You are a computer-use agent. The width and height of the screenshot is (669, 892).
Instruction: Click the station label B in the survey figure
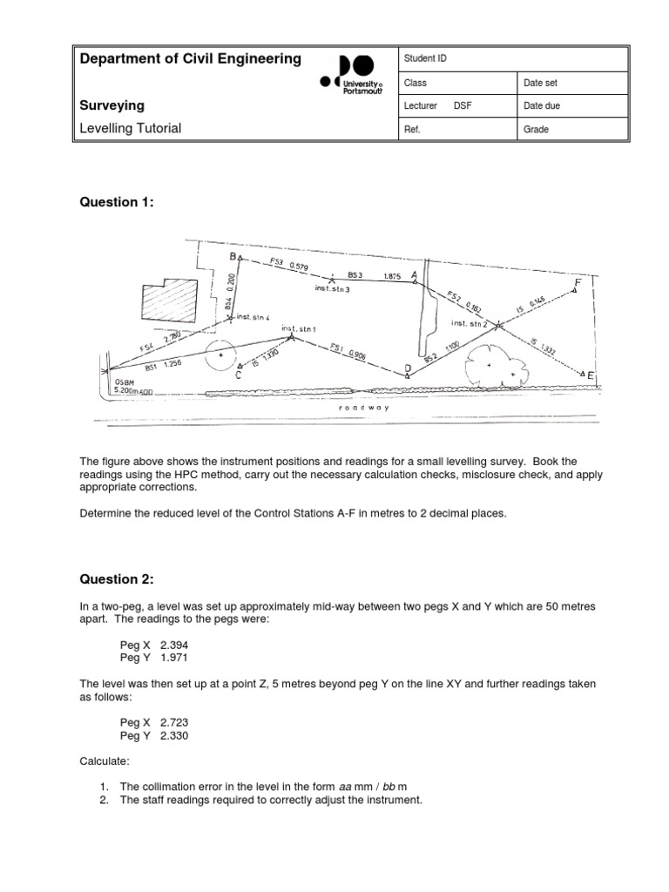point(233,257)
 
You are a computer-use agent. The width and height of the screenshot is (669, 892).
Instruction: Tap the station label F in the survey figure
point(578,283)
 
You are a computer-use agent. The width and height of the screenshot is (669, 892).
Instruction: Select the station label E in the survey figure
point(591,375)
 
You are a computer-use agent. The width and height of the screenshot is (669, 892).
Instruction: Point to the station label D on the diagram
point(407,369)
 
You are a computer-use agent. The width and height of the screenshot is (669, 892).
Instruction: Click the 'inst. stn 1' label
point(299,328)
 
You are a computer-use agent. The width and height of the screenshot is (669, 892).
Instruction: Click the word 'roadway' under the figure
point(365,407)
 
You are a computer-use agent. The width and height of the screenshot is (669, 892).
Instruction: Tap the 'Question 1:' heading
point(117,202)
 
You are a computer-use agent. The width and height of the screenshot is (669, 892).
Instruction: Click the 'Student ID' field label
point(425,59)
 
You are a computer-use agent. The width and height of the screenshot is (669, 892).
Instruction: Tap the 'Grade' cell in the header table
point(535,130)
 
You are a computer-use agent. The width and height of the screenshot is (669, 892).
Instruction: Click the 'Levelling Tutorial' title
point(131,128)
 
